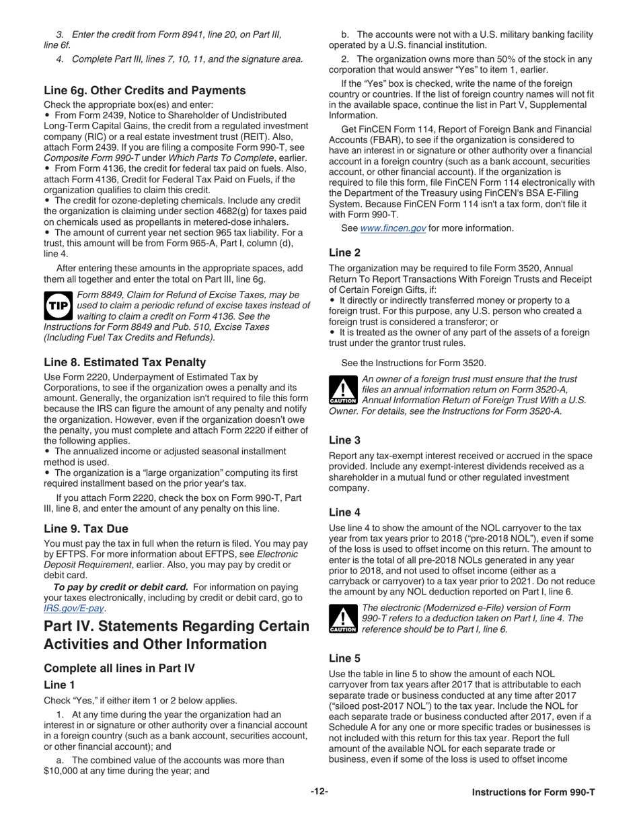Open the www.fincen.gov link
click(393, 228)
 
